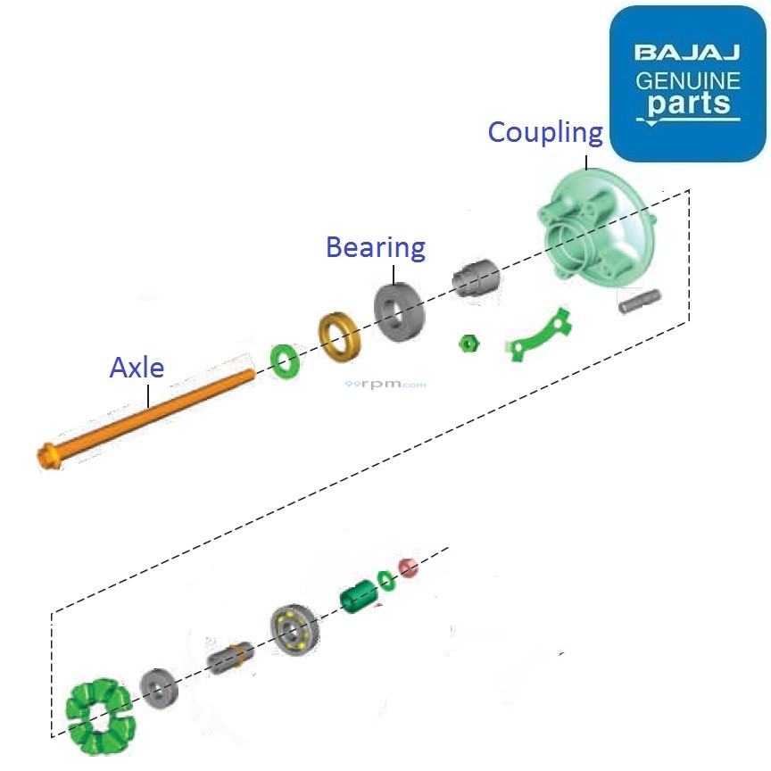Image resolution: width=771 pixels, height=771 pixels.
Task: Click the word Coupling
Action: click(544, 133)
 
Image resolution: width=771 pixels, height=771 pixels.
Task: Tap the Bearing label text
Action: click(375, 247)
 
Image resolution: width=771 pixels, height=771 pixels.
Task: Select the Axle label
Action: click(137, 367)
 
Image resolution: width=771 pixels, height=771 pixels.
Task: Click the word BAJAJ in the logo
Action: click(687, 52)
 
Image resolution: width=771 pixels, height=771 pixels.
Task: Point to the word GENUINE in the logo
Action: click(687, 81)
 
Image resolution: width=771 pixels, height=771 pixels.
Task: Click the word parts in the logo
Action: click(688, 104)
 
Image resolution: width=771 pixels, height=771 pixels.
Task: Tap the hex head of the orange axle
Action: click(50, 456)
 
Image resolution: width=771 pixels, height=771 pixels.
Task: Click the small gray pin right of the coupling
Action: click(640, 301)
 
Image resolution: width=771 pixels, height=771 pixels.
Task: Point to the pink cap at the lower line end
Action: click(408, 567)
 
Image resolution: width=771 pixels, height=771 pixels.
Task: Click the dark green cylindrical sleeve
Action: click(360, 596)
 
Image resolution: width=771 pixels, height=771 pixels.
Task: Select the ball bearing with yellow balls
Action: click(293, 629)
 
